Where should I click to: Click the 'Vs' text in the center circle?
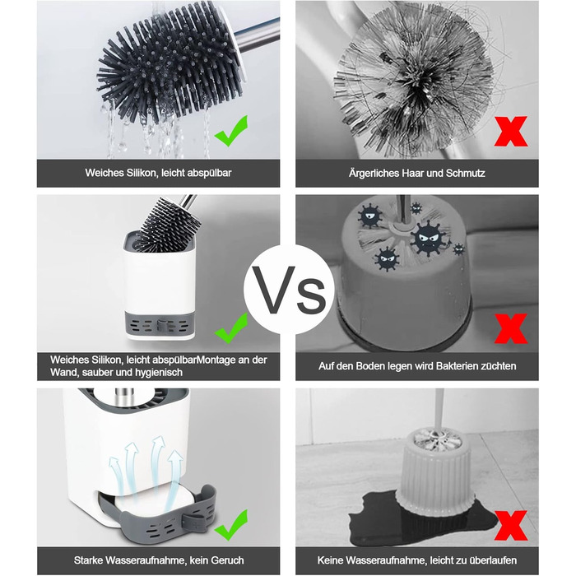290,290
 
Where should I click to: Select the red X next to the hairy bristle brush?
511,131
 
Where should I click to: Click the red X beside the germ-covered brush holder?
511,328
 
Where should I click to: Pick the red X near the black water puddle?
511,525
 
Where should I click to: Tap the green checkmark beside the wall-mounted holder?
231,328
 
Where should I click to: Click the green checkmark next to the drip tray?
231,525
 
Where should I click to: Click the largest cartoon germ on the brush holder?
430,239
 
